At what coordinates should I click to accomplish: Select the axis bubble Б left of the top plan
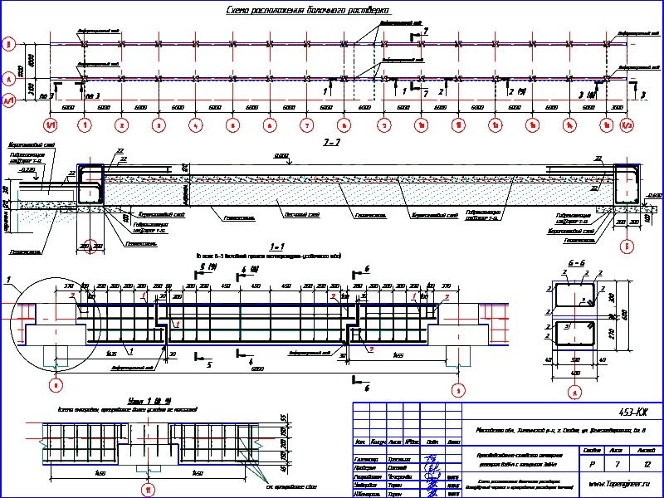pos(9,44)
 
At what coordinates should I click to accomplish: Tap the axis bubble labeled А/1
pos(9,100)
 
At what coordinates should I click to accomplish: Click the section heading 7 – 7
pos(333,143)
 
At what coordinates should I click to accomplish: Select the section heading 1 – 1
pos(277,247)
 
